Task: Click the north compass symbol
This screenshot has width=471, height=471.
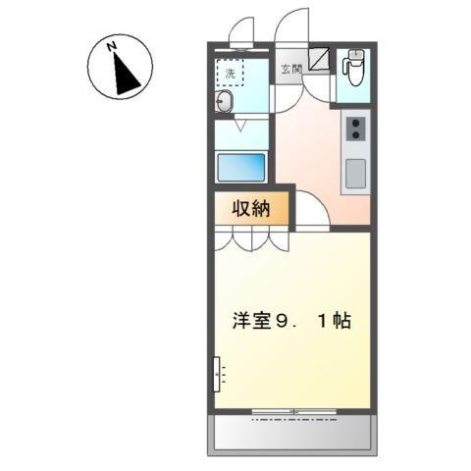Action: click(x=120, y=67)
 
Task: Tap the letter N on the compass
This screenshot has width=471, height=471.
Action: click(x=114, y=45)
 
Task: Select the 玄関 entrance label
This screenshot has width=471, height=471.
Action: click(x=290, y=69)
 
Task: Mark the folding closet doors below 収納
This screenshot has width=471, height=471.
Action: click(x=251, y=238)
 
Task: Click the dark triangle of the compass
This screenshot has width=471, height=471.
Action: click(x=126, y=75)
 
